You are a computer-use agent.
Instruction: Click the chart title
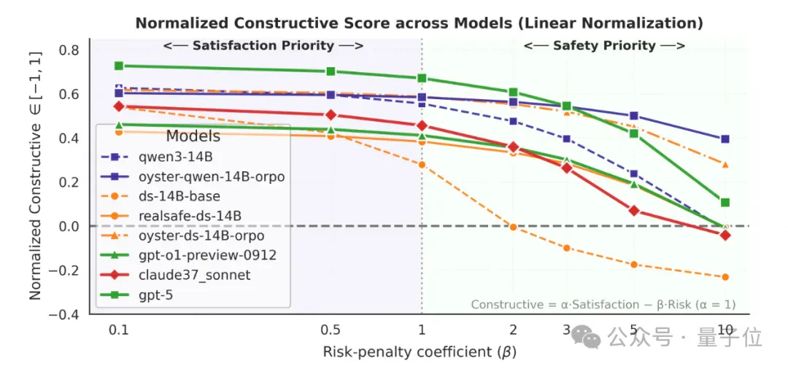419,23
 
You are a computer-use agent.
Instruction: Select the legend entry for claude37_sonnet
188,276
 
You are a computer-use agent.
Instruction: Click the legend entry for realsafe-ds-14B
176,217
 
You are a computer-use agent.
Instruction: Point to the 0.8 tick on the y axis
69,50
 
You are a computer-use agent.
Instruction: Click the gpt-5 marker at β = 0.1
119,66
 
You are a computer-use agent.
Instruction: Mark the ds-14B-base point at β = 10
725,277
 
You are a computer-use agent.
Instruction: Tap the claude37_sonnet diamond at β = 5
634,210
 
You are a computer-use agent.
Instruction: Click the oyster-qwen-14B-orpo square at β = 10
725,139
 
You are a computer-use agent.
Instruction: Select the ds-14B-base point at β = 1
422,165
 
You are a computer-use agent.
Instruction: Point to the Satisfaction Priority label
263,46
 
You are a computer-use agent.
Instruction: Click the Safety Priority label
605,46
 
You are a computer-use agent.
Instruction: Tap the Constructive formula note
603,305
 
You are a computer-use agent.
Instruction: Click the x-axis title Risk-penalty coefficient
419,352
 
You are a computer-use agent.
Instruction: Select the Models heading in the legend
193,136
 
